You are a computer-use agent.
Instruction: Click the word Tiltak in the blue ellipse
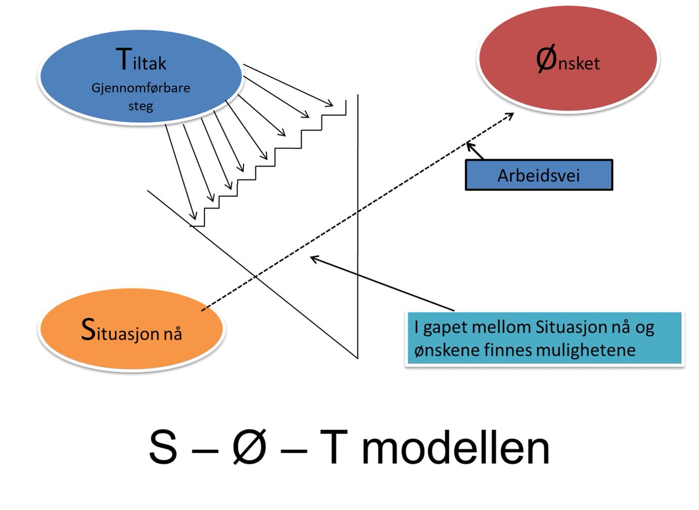[x=141, y=61]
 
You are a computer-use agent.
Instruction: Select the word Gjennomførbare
[x=141, y=88]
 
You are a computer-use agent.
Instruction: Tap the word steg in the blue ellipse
[x=141, y=106]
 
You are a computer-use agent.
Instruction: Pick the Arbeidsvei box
[x=539, y=175]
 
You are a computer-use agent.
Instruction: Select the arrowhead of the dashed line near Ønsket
[x=511, y=115]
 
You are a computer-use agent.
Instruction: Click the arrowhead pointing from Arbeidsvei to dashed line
[x=470, y=146]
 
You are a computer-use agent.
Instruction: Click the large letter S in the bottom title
[x=163, y=447]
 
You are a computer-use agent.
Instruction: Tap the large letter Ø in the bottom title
[x=249, y=447]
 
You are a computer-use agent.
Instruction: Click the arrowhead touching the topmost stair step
[x=331, y=105]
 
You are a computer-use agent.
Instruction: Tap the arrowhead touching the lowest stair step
[x=194, y=217]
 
